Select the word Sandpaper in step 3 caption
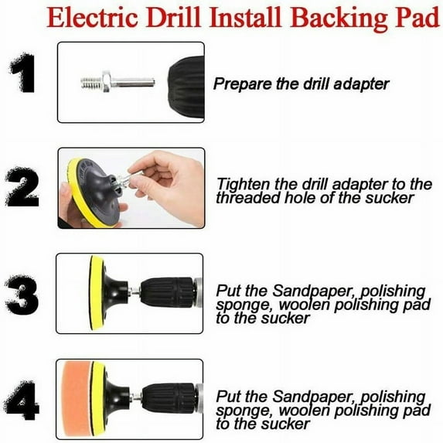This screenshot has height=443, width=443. [307, 291]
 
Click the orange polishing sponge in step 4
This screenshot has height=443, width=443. [78, 400]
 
